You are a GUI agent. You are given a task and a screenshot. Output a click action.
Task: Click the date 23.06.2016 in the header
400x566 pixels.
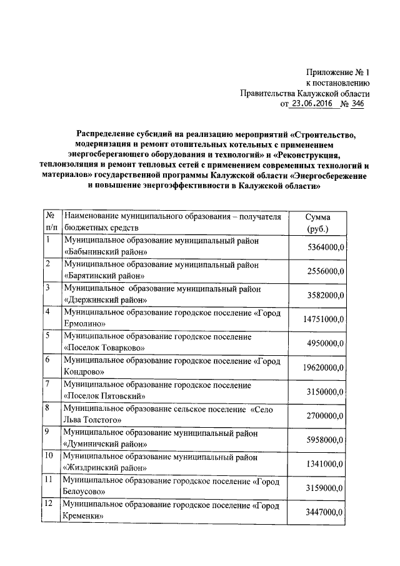(310, 104)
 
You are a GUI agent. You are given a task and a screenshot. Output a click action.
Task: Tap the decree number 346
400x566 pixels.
(357, 104)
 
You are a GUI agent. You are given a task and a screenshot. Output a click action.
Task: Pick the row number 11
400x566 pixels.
(49, 480)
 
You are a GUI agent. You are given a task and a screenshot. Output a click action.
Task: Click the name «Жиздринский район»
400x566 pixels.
(106, 468)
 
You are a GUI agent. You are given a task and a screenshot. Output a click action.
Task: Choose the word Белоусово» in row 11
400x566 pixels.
(85, 492)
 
